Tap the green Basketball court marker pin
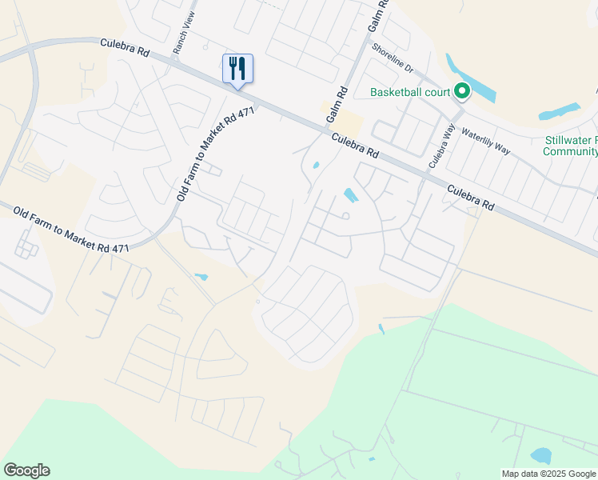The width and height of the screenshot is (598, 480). (461, 92)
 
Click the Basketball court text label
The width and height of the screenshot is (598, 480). (409, 92)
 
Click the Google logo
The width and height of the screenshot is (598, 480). (26, 470)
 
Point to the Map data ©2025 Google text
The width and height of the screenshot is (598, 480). (548, 474)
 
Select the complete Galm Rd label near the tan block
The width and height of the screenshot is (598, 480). (335, 105)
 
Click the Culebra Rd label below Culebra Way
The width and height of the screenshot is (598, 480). (470, 197)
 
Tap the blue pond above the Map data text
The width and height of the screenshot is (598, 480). (541, 456)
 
